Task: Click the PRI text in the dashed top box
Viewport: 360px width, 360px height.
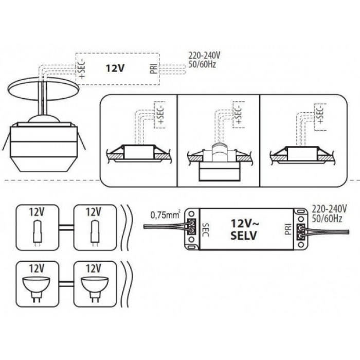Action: point(154,67)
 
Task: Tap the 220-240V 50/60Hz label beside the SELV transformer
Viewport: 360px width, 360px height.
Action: point(329,214)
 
